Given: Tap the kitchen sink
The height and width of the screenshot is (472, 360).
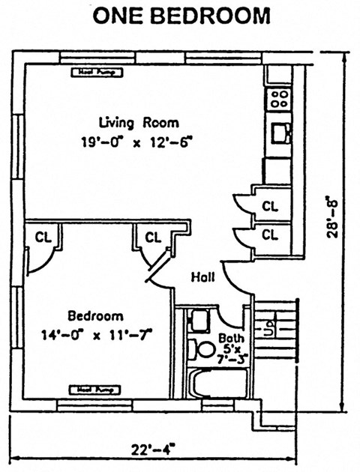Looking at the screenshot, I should click(x=280, y=133).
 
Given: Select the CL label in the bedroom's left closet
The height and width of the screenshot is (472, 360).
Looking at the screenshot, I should click(x=42, y=237).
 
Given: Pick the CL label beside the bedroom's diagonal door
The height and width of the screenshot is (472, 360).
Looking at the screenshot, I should click(x=153, y=237).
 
